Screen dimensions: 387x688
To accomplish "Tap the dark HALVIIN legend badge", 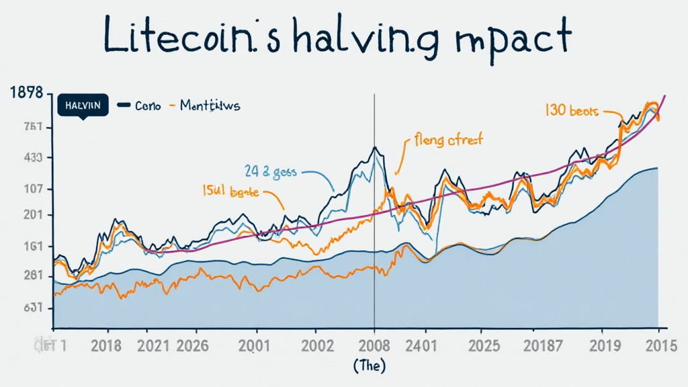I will tap(83, 105).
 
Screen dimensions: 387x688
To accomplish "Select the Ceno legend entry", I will tap(140, 106).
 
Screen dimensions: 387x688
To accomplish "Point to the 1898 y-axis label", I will tap(27, 94).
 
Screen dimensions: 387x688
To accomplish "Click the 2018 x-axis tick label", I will tap(105, 347).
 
